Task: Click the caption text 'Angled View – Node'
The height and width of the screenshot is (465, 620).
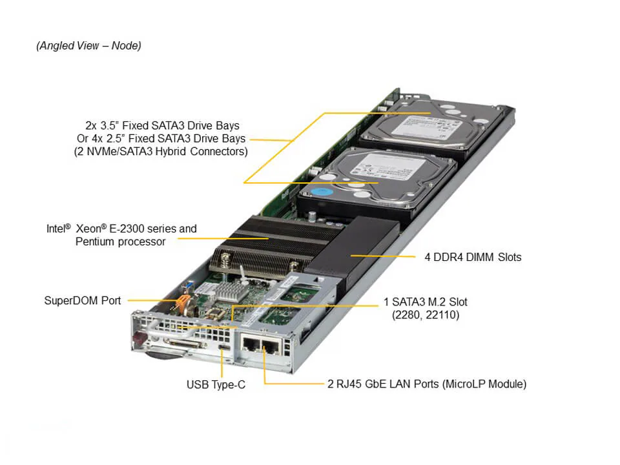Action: click(x=88, y=45)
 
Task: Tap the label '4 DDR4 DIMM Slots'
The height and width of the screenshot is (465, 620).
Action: click(x=473, y=257)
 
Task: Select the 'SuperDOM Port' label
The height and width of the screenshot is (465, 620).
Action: click(x=82, y=300)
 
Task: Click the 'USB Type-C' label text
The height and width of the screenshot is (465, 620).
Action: click(x=216, y=385)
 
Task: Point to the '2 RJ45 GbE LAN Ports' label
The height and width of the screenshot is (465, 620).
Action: click(x=427, y=384)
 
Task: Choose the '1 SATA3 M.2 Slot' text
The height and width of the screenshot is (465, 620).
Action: click(x=426, y=302)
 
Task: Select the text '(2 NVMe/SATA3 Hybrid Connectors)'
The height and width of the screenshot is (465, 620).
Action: click(x=161, y=152)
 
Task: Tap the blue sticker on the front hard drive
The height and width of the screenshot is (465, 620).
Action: click(x=323, y=192)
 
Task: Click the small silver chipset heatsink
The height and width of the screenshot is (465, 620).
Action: click(x=229, y=291)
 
